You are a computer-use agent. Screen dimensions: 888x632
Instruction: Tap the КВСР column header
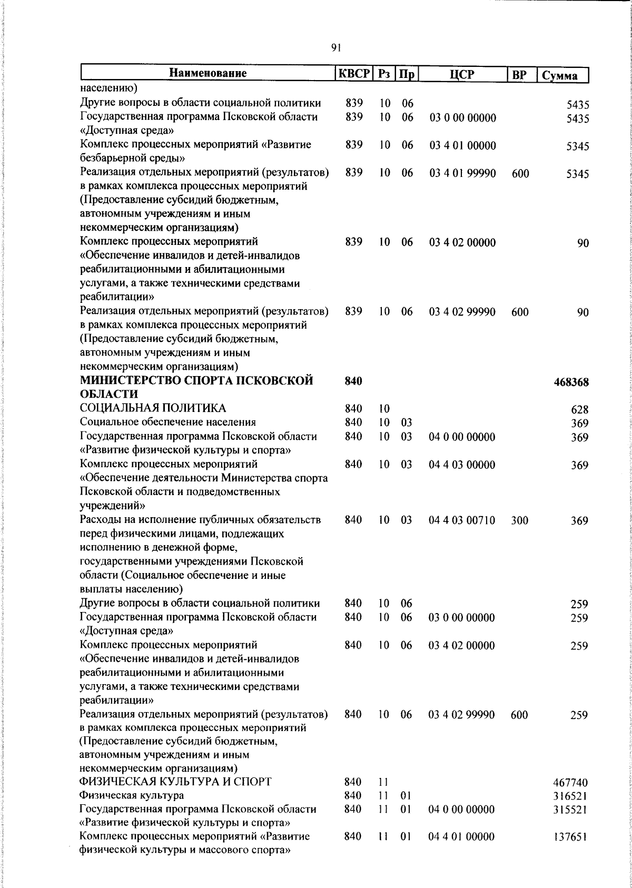point(354,74)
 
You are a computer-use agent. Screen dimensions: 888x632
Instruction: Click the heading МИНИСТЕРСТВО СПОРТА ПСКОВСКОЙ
point(196,381)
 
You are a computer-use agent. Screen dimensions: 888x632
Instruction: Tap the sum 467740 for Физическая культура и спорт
point(571,783)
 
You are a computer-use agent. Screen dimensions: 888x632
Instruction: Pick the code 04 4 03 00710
point(462,520)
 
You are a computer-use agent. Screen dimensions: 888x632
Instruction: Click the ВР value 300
point(519,520)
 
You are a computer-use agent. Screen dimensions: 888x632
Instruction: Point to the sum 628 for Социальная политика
point(579,410)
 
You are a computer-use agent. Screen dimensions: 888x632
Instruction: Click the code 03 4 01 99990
point(462,173)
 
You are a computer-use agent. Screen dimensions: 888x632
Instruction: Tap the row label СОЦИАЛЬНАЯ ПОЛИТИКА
point(153,408)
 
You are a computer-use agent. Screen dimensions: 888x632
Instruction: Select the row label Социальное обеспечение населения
point(167,422)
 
